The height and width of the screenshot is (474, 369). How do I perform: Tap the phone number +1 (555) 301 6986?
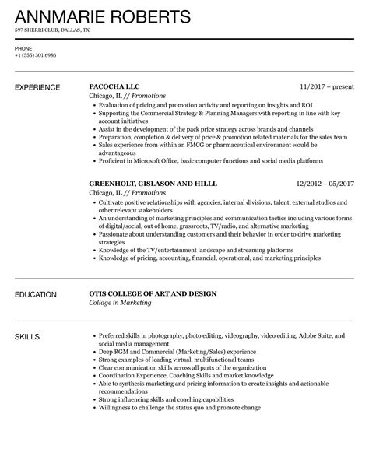point(36,55)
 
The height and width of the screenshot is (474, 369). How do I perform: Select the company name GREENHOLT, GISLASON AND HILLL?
point(153,183)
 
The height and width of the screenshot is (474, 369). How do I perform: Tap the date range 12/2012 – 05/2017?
point(325,183)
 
